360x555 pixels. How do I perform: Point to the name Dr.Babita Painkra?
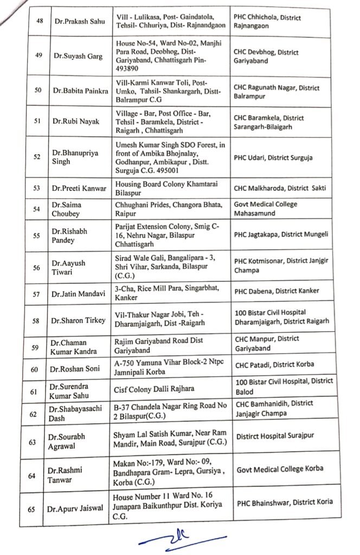[77, 90]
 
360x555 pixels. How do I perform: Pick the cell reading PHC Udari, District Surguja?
[273, 158]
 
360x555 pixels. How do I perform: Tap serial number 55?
[36, 236]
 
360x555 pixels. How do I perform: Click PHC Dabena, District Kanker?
[277, 291]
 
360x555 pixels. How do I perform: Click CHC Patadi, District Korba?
[274, 364]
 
